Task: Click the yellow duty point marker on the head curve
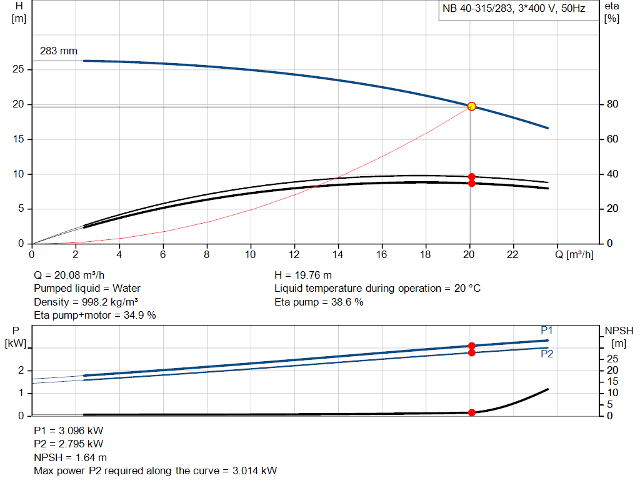pyautogui.click(x=471, y=106)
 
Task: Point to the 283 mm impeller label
pyautogui.click(x=58, y=51)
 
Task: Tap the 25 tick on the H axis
pyautogui.click(x=19, y=69)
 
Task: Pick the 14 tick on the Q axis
pyautogui.click(x=338, y=255)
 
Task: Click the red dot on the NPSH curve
pyautogui.click(x=471, y=412)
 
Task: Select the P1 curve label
pyautogui.click(x=547, y=330)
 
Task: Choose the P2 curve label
pyautogui.click(x=547, y=354)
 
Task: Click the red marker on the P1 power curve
pyautogui.click(x=471, y=346)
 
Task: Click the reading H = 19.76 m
pyautogui.click(x=303, y=275)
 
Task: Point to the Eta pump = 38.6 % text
pyautogui.click(x=319, y=302)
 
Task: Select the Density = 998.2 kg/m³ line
pyautogui.click(x=86, y=302)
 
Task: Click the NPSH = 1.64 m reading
pyautogui.click(x=70, y=457)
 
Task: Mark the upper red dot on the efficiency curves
pyautogui.click(x=471, y=177)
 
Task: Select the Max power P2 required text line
pyautogui.click(x=155, y=471)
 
